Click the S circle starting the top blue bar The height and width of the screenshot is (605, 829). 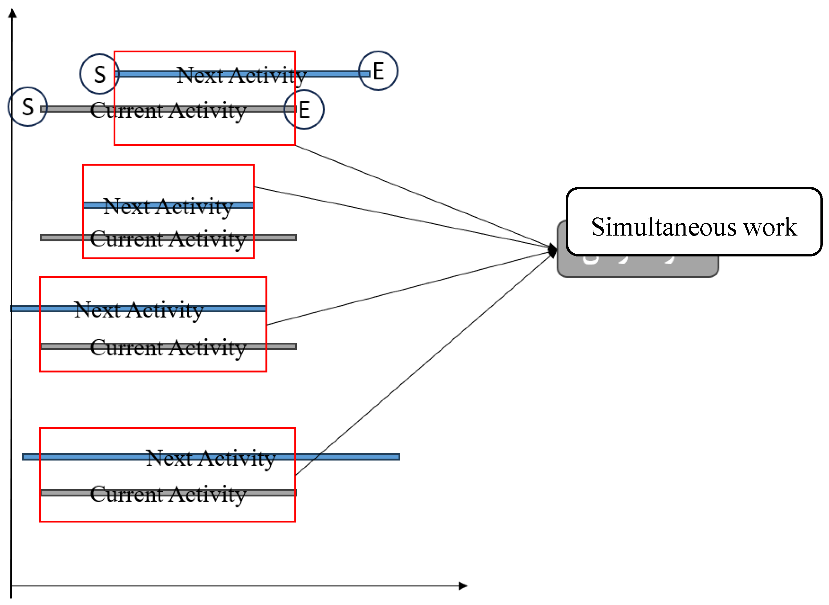click(100, 74)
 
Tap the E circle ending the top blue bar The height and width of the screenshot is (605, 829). click(378, 71)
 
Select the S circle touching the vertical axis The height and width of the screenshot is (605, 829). click(28, 107)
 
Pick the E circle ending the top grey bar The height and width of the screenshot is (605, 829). click(304, 110)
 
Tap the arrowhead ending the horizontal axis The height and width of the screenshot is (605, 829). click(463, 586)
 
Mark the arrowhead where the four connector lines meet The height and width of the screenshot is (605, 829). click(553, 250)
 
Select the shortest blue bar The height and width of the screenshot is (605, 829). click(168, 205)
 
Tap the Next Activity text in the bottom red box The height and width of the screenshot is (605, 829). click(211, 458)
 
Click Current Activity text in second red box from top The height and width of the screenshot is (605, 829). click(168, 240)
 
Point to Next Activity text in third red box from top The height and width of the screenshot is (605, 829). click(138, 311)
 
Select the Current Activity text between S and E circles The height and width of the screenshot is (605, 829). click(168, 111)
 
